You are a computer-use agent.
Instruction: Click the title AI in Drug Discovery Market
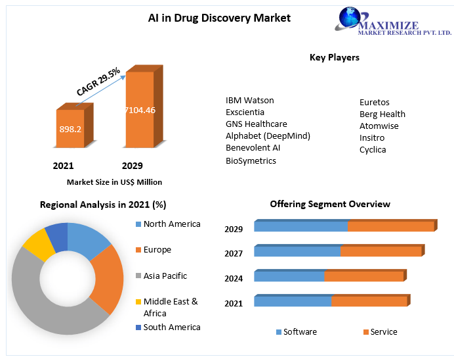[219, 18]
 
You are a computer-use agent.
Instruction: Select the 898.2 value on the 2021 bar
[70, 130]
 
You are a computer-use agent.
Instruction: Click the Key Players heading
[335, 58]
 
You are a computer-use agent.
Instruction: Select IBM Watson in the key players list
[250, 101]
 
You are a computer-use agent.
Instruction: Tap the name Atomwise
[379, 126]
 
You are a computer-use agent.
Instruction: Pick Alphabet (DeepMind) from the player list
[268, 136]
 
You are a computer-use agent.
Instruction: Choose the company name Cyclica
[373, 150]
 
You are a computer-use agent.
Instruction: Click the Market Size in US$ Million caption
[114, 182]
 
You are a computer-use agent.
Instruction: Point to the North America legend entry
[172, 224]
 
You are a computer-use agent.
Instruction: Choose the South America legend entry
[172, 327]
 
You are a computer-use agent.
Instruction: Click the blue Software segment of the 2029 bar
[300, 227]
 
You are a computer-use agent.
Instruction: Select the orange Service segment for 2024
[363, 276]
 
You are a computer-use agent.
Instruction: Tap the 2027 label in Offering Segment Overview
[234, 254]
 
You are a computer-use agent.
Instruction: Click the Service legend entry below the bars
[384, 332]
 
